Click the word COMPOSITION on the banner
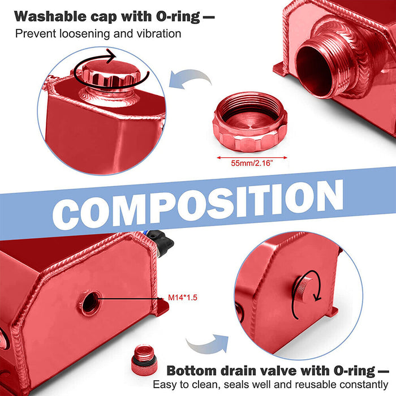click(197, 205)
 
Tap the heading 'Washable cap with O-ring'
click(107, 15)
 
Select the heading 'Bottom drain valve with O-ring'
click(270, 371)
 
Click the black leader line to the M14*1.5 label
click(130, 297)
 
